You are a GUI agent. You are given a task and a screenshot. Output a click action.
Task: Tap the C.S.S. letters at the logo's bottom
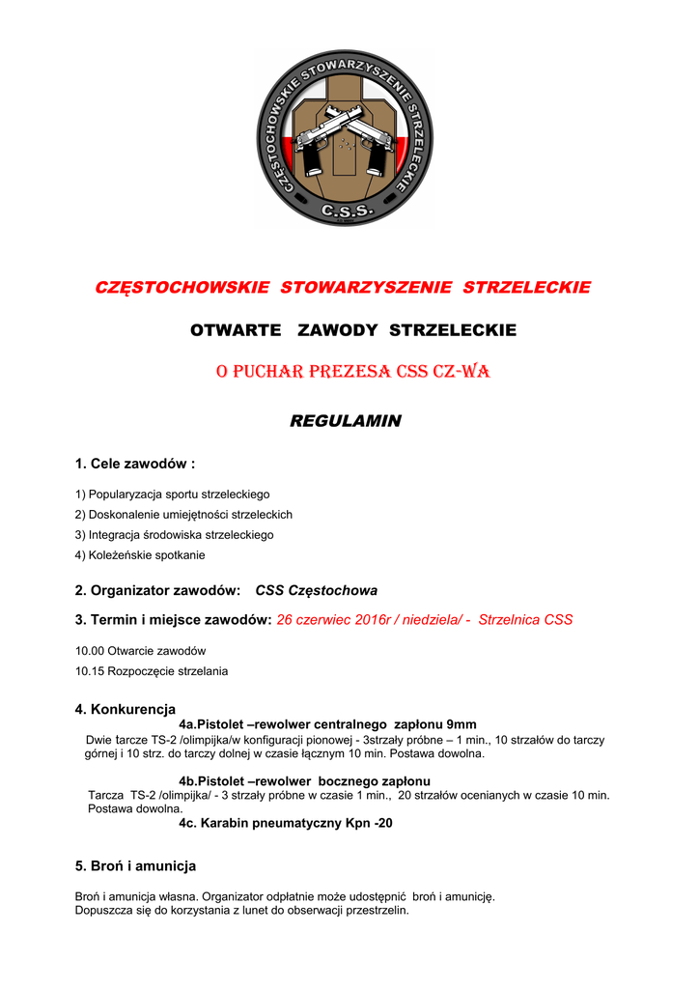pyautogui.click(x=345, y=210)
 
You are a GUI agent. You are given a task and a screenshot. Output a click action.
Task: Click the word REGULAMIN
pyautogui.click(x=345, y=421)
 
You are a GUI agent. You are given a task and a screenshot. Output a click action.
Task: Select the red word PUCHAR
pyautogui.click(x=266, y=372)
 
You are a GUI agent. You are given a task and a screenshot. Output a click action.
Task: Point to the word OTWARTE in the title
pyautogui.click(x=236, y=330)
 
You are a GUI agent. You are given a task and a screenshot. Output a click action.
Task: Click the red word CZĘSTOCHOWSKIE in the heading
pyautogui.click(x=183, y=288)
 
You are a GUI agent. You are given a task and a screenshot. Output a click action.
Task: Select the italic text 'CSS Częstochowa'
pyautogui.click(x=316, y=590)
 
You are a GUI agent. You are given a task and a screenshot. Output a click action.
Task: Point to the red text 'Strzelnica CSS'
pyautogui.click(x=525, y=620)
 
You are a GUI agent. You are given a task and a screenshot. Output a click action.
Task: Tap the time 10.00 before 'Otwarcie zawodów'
pyautogui.click(x=89, y=651)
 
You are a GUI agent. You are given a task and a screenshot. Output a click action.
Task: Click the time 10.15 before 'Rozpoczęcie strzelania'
pyautogui.click(x=89, y=671)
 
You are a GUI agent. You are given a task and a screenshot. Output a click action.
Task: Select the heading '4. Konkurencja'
pyautogui.click(x=125, y=710)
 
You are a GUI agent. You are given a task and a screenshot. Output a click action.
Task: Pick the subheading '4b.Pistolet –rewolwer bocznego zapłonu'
pyautogui.click(x=304, y=780)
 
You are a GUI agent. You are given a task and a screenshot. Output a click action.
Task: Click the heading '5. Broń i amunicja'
pyautogui.click(x=135, y=865)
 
